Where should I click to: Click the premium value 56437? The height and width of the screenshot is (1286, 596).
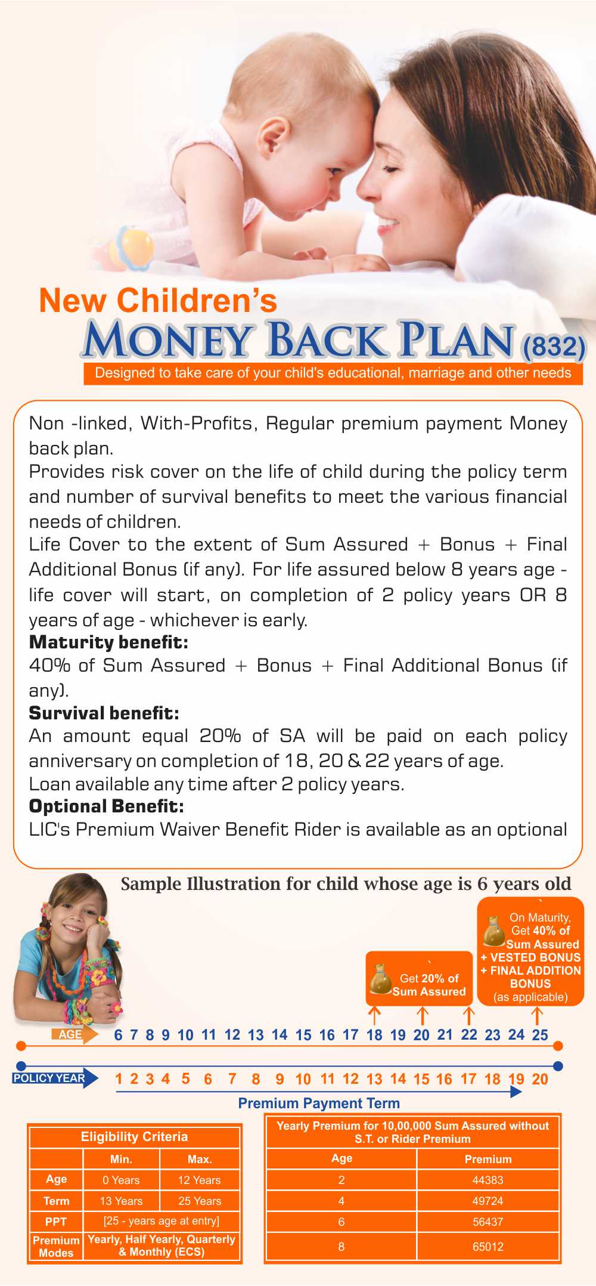click(488, 1222)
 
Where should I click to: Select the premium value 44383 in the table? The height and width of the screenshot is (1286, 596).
click(488, 1180)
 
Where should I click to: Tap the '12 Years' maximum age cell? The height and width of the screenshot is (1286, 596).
click(199, 1180)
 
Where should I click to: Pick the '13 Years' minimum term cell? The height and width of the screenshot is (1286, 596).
click(121, 1201)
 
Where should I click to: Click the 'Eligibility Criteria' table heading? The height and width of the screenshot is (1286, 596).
click(134, 1136)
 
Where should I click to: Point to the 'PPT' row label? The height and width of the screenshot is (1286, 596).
click(56, 1222)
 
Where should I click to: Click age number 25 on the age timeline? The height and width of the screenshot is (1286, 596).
click(540, 1035)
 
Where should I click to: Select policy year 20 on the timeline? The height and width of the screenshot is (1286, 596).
click(540, 1079)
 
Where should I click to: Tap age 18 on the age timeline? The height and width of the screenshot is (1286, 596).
click(374, 1035)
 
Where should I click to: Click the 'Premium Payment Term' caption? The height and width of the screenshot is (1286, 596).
click(319, 1103)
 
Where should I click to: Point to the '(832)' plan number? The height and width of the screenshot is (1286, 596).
click(554, 347)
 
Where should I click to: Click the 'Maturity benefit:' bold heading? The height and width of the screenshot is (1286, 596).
click(108, 642)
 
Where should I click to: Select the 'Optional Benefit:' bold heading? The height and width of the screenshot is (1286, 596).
click(106, 806)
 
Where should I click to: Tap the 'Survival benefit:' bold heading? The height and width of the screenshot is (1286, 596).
click(104, 713)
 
